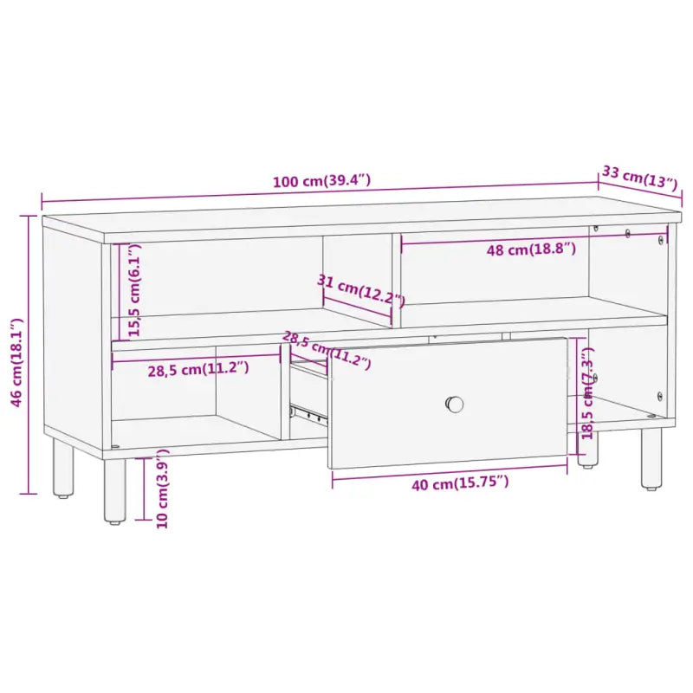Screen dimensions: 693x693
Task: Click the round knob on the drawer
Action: (455, 404)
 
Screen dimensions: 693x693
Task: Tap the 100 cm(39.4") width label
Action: (321, 182)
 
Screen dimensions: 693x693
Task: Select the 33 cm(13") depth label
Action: (638, 178)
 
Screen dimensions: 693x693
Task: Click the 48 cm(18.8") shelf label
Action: (530, 250)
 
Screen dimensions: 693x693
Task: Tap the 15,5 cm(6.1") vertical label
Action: (133, 290)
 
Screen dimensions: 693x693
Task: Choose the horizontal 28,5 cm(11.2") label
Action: (198, 368)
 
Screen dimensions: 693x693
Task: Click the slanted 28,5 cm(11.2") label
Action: (327, 350)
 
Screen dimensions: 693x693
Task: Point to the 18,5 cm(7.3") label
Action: (588, 394)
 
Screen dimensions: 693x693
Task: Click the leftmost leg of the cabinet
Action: (63, 468)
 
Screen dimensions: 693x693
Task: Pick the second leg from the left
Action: (114, 489)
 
